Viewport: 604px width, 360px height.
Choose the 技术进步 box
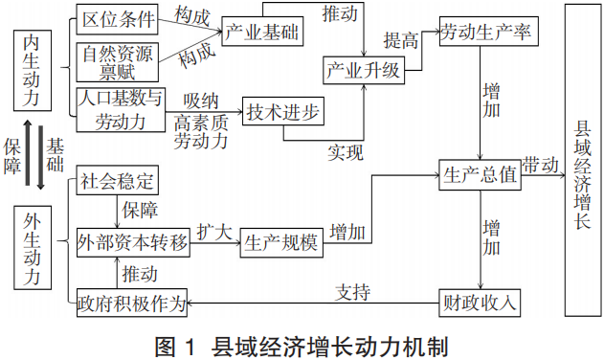[x=283, y=111]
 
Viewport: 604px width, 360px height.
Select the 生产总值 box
[x=480, y=175]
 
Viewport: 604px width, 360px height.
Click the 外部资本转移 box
[x=132, y=242]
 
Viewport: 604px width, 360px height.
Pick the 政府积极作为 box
[x=132, y=304]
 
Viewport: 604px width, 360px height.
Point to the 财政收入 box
[x=480, y=304]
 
